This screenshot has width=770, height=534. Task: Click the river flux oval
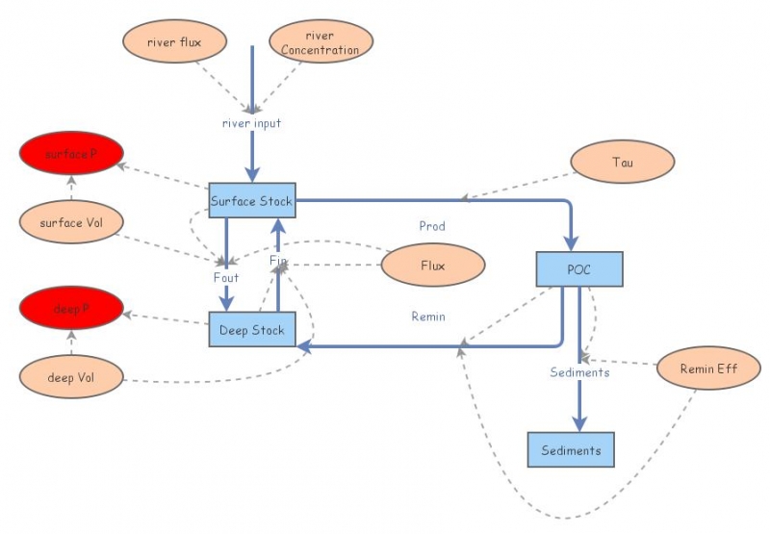[x=174, y=41]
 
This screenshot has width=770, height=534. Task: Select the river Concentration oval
[x=321, y=42]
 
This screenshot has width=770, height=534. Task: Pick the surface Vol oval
[x=71, y=222]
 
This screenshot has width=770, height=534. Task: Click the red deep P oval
[x=71, y=309]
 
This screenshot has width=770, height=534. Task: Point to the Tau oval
[x=623, y=162]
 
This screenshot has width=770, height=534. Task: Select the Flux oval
[x=432, y=266]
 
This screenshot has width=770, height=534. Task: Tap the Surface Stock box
[x=251, y=201]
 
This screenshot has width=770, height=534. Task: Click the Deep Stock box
[x=251, y=330]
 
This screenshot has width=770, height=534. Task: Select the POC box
[x=579, y=268]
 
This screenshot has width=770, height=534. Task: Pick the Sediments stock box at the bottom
[x=571, y=449]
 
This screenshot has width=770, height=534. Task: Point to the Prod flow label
[x=432, y=226]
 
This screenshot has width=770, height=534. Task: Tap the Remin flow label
[x=428, y=316]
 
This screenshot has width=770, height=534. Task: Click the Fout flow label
[x=226, y=277]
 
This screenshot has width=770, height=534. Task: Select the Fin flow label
[x=278, y=261]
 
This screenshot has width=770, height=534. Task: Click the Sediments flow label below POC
[x=579, y=372]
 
